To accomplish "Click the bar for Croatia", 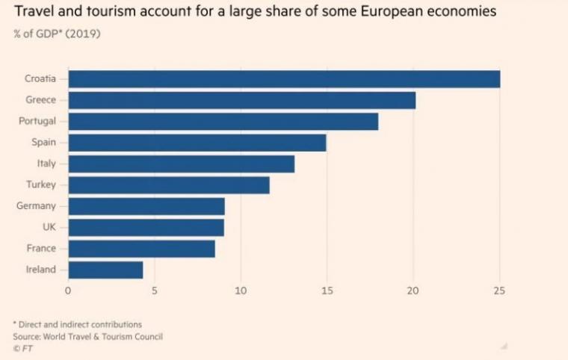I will tap(284, 79).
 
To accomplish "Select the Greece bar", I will tap(241, 100).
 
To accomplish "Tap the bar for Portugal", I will tap(223, 122).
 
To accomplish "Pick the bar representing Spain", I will tap(197, 143).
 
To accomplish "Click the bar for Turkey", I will tap(168, 185).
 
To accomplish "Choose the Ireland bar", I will tap(105, 270).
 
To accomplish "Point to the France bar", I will tap(141, 249).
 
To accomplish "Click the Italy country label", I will tap(46, 164).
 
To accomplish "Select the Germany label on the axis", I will tap(36, 206).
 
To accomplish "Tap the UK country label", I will tap(49, 227).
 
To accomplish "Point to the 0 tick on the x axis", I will tap(68, 291).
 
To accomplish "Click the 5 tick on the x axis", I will tap(155, 291).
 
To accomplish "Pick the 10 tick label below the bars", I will tap(241, 291).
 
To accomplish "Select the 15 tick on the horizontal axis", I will tap(327, 291).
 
